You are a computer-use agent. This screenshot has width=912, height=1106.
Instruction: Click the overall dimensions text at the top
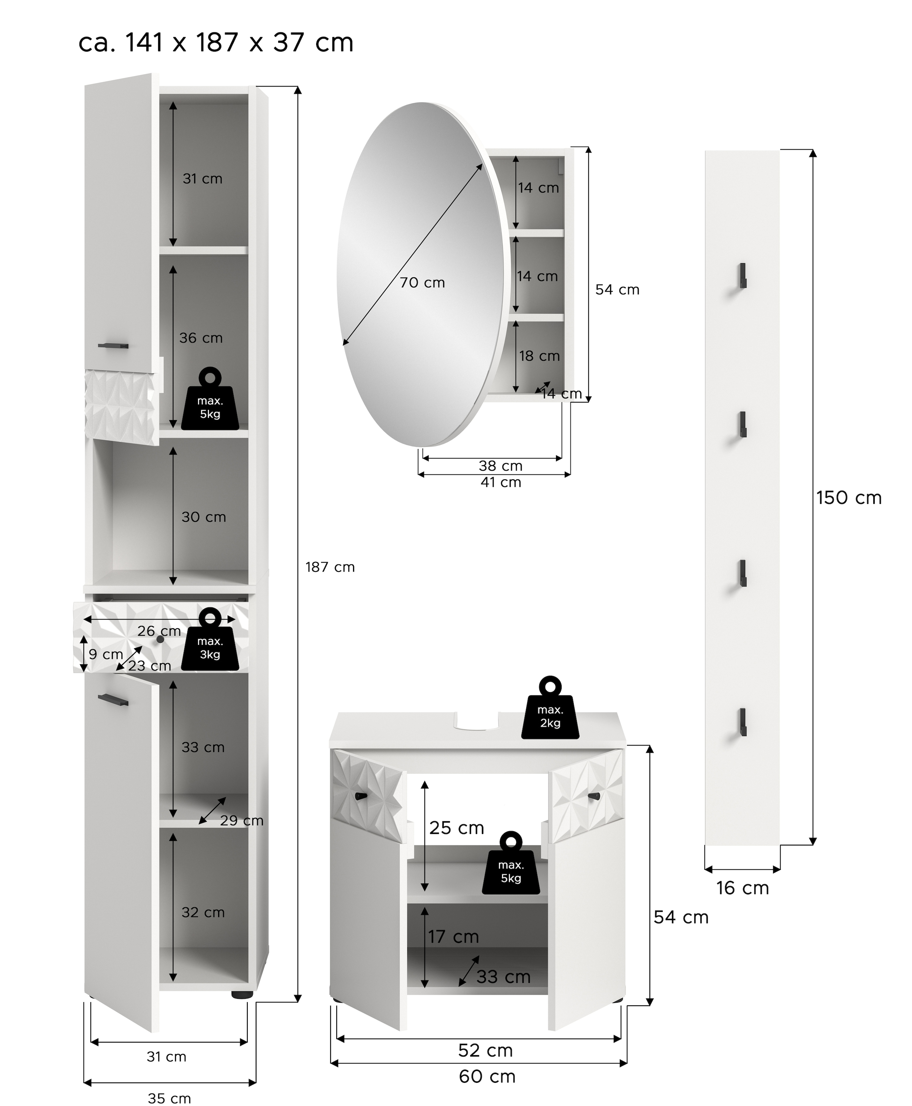(215, 43)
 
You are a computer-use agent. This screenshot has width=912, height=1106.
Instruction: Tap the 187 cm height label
(330, 567)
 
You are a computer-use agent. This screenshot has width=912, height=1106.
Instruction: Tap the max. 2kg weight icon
(550, 709)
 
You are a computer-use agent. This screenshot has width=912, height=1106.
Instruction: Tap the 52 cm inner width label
(485, 1050)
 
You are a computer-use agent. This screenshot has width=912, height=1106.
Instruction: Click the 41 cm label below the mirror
(501, 482)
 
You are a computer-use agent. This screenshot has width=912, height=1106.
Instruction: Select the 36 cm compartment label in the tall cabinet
(201, 338)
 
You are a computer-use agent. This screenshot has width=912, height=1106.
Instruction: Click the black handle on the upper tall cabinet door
(113, 346)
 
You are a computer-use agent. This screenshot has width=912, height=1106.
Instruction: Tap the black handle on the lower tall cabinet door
(113, 700)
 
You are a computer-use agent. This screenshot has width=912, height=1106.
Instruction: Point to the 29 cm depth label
(241, 820)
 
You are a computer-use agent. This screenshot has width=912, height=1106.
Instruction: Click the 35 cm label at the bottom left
(169, 1098)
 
